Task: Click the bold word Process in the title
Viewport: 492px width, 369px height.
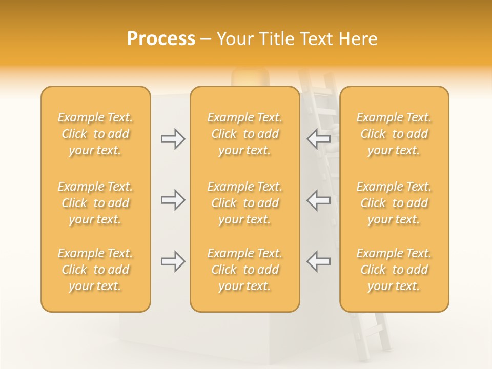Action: tap(161, 39)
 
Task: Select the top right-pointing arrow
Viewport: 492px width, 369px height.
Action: tap(173, 138)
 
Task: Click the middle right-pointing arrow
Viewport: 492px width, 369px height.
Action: tap(173, 200)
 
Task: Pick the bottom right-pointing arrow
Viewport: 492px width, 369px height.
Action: tap(173, 261)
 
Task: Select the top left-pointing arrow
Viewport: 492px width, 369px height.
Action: tap(319, 138)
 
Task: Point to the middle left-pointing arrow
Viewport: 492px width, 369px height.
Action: tap(319, 200)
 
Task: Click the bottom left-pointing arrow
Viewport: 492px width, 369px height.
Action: tap(319, 261)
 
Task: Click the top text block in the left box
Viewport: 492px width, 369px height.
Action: tap(95, 134)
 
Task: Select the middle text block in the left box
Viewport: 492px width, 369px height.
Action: tap(95, 203)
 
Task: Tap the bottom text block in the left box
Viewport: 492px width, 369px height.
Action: tap(95, 270)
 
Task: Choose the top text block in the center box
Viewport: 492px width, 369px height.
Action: tap(244, 134)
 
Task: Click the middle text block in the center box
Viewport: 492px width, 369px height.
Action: tap(244, 203)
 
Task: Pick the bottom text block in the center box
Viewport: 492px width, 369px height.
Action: tap(244, 270)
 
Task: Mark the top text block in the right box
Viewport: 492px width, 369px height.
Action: tap(394, 134)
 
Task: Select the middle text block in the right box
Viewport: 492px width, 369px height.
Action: tap(394, 203)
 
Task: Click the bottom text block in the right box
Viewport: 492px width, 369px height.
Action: tap(394, 270)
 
